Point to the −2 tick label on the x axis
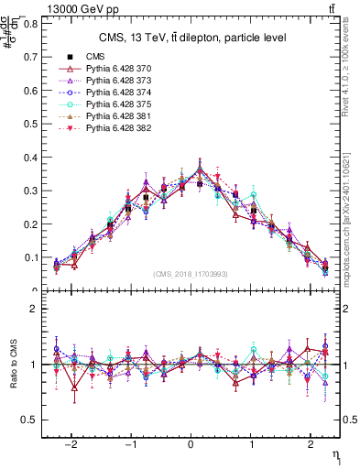(73, 441)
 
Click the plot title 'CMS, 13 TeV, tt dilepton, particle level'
(192, 38)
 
